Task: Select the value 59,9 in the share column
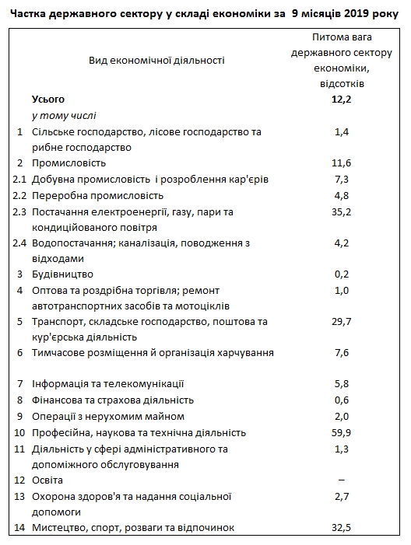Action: (342, 432)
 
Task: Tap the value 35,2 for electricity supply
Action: (342, 211)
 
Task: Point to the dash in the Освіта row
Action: (342, 480)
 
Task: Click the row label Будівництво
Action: (62, 274)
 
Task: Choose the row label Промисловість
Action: (68, 163)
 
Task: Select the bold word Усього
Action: (48, 100)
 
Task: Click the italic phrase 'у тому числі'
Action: (62, 116)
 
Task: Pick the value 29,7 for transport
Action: (342, 321)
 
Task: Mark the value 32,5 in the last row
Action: (342, 528)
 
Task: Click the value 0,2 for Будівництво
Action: (342, 274)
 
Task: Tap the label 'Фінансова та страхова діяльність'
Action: (112, 400)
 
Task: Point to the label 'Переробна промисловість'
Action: (97, 195)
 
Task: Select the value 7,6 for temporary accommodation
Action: (342, 353)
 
